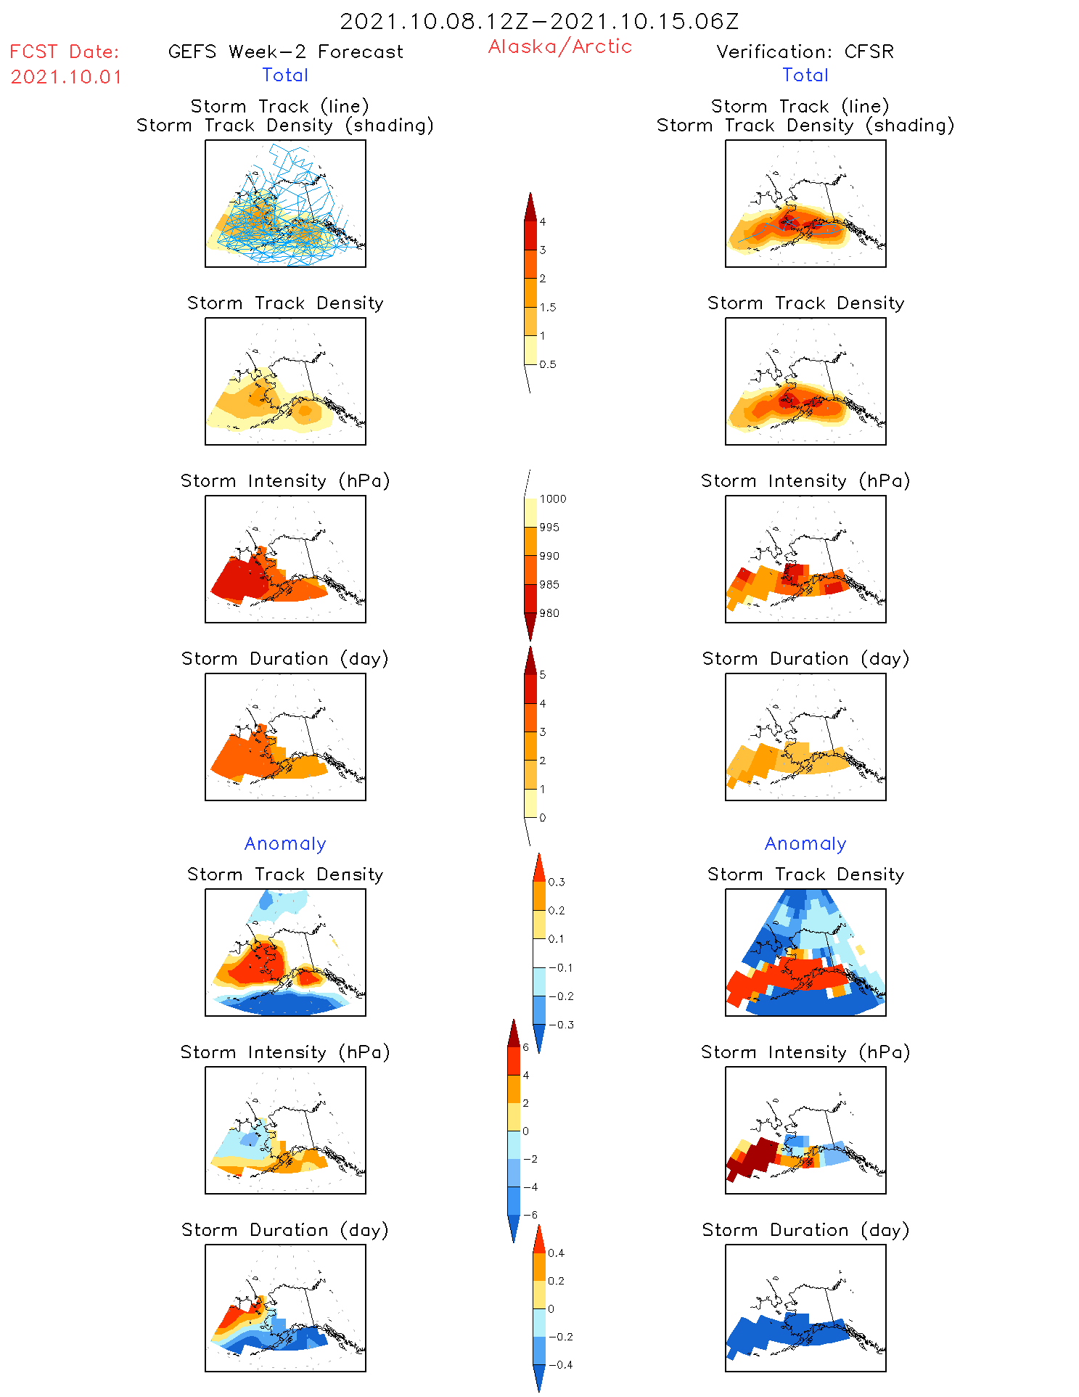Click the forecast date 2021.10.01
(66, 77)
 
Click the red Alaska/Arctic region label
(559, 47)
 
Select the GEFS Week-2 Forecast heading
(285, 52)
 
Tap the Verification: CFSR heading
(805, 52)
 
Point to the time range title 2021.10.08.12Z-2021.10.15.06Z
(539, 22)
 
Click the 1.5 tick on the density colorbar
(548, 308)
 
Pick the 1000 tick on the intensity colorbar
(552, 499)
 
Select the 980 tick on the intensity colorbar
(549, 613)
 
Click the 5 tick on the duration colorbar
(543, 675)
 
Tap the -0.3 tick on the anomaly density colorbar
(561, 1025)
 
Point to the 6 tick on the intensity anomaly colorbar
(526, 1047)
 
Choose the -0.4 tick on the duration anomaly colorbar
(560, 1365)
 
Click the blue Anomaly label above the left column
(285, 844)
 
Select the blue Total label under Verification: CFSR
(805, 75)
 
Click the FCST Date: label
(65, 52)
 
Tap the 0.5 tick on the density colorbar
(548, 364)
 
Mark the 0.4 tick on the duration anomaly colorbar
(557, 1253)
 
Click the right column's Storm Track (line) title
(800, 107)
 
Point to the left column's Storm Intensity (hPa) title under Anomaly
(285, 1052)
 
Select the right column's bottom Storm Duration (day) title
(805, 1230)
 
